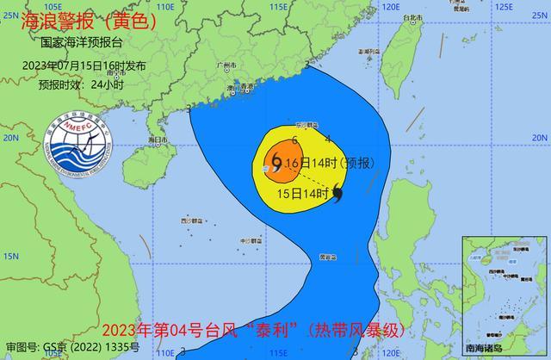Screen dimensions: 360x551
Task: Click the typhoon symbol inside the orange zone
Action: [275, 160]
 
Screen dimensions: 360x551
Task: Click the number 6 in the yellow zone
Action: [294, 140]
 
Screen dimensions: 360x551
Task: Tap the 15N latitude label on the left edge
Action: [9, 257]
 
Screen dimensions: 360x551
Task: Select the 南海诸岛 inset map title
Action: [504, 348]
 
